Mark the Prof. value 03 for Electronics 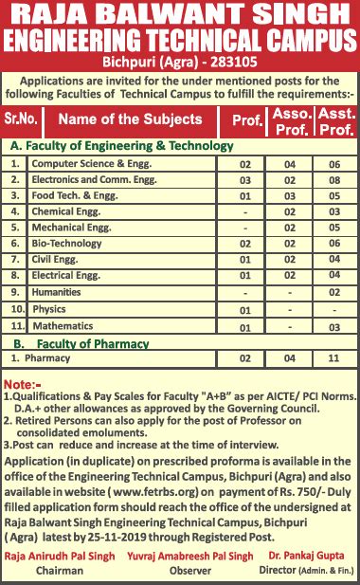tap(245, 180)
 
